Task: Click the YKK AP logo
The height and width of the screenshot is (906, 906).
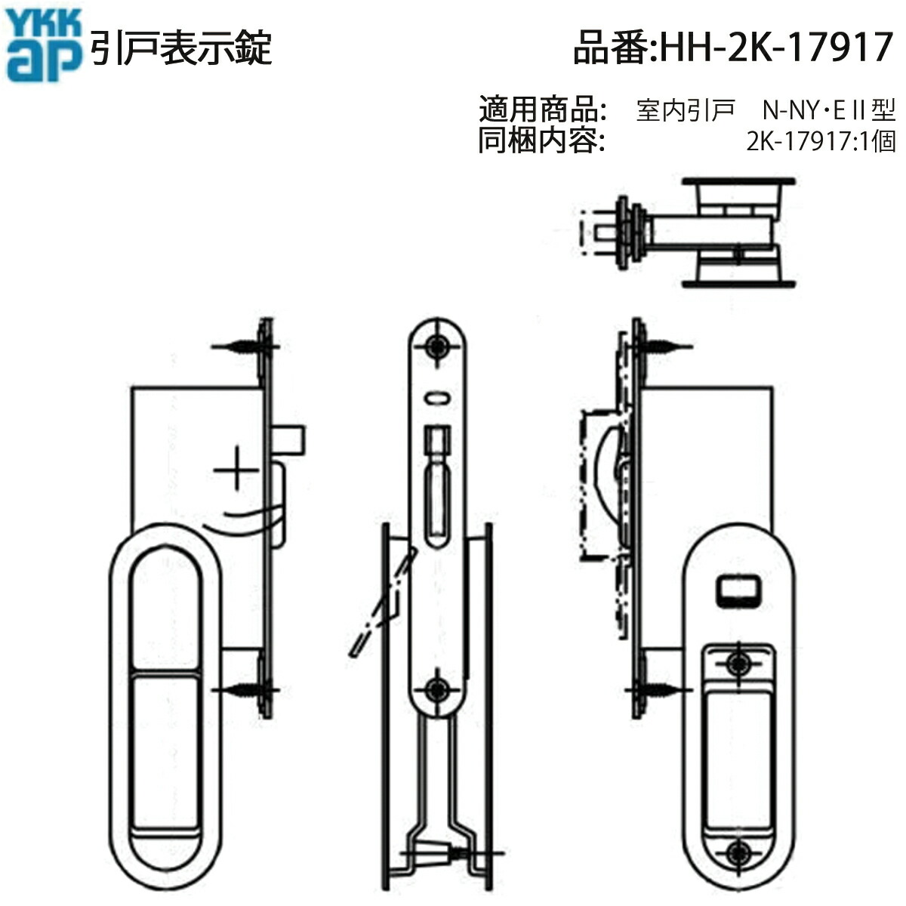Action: (43, 47)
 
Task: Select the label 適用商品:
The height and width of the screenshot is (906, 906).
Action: (543, 110)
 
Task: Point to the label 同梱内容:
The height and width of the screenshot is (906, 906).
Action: (541, 141)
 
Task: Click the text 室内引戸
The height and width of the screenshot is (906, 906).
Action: (686, 111)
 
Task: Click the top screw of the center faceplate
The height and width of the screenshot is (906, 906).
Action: (437, 347)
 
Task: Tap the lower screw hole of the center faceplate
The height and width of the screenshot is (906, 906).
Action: (437, 689)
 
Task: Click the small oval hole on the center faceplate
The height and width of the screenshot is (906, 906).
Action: (437, 396)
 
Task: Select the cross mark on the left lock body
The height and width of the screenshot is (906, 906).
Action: (236, 473)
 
